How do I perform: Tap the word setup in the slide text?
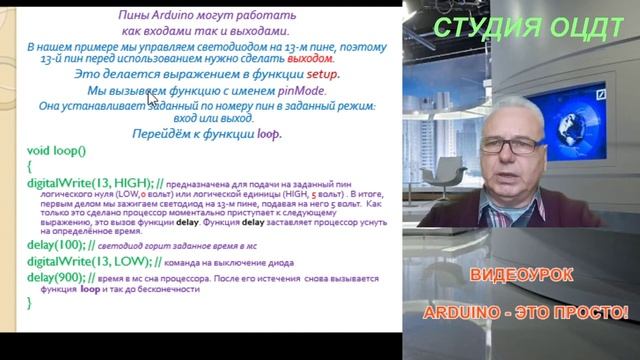click(323, 74)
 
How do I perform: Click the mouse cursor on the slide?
click(152, 96)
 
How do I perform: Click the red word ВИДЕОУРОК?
click(520, 274)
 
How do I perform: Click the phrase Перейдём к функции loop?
click(205, 133)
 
